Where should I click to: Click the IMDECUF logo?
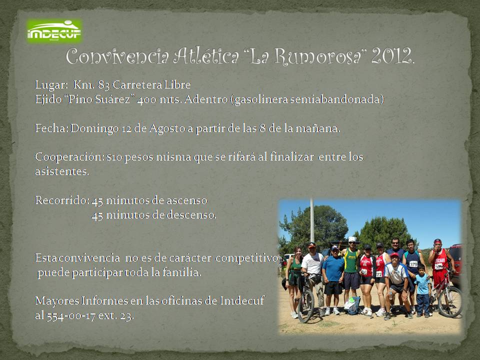click(54, 31)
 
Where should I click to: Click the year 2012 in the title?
click(392, 56)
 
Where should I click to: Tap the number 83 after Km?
click(104, 85)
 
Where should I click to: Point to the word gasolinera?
click(261, 99)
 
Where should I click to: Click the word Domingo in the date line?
click(94, 128)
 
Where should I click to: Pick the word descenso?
click(191, 215)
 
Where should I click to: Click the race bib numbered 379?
click(413, 264)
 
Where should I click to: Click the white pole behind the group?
click(312, 220)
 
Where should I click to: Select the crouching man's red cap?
click(394, 255)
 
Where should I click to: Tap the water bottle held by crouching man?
click(390, 294)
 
